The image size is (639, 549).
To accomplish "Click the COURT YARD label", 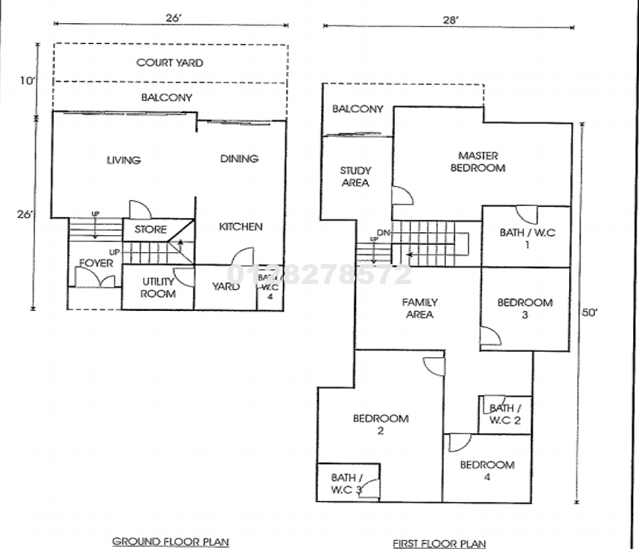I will click(169, 63).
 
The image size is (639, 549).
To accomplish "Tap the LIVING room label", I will click(124, 160).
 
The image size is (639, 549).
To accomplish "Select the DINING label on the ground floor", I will click(239, 158).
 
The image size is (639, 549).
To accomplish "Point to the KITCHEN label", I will click(241, 226).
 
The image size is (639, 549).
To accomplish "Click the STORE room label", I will click(150, 230).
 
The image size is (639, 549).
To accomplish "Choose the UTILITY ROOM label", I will click(158, 288).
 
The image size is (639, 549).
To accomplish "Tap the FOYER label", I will click(96, 263).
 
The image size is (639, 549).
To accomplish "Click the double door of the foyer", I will click(96, 279).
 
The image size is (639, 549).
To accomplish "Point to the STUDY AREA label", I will click(355, 177).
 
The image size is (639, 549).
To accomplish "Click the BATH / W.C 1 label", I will click(527, 239).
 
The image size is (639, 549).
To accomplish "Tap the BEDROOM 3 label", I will click(525, 309).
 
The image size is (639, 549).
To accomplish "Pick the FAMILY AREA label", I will click(419, 309).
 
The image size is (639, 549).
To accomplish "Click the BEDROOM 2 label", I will click(381, 425).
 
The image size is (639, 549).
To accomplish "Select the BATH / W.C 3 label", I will click(347, 484).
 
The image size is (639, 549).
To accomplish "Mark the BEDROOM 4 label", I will click(487, 471).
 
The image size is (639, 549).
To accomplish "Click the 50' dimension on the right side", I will click(589, 313).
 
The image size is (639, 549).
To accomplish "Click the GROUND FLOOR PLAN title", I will click(171, 542).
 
